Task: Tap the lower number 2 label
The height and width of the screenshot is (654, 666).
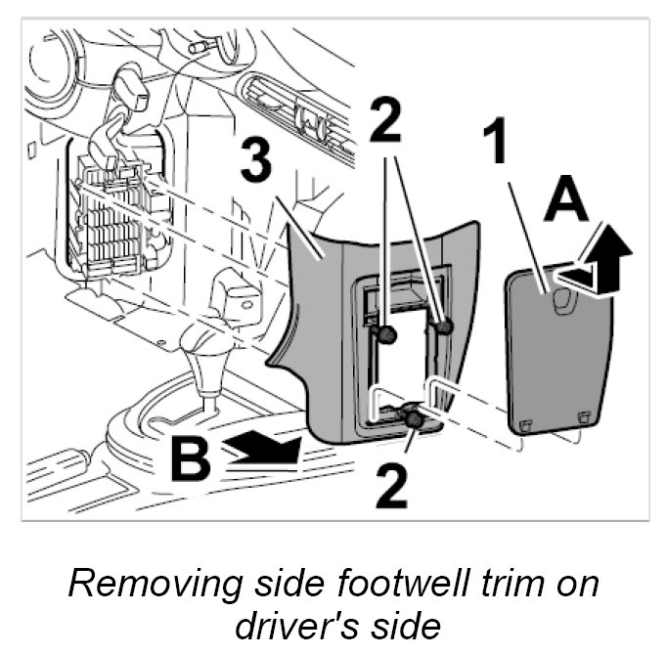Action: coord(391,487)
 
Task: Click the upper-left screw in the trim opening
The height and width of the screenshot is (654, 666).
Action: coord(387,335)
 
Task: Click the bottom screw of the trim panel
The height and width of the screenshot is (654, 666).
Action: coord(415,420)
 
